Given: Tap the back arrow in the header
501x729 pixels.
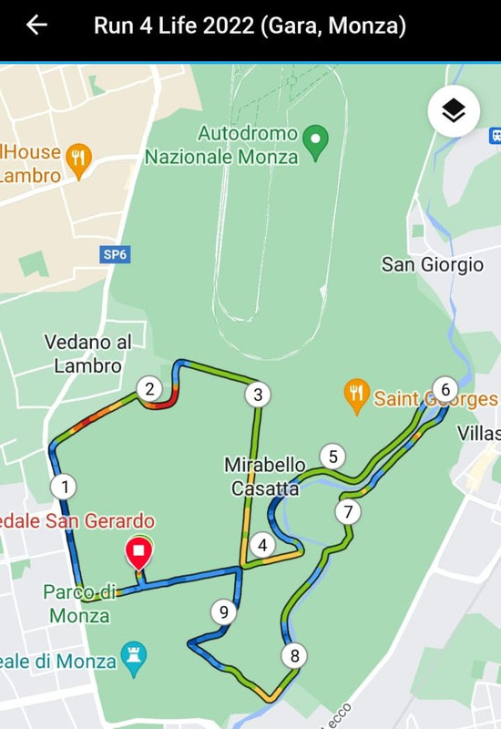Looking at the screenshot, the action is pos(36,25).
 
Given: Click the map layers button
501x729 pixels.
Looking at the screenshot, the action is pos(454,112).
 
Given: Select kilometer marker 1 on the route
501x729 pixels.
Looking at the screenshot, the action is pos(64,486).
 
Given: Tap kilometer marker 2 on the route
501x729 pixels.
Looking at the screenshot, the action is pos(149,389).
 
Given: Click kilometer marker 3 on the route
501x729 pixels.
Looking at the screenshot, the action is pos(258,395).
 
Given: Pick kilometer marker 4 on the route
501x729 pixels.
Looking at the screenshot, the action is pos(262,545).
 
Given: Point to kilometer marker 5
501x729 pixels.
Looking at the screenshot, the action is pos(333,457).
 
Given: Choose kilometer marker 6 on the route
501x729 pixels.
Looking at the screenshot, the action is pos(445,390).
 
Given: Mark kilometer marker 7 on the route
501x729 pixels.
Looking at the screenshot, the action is pos(347,511).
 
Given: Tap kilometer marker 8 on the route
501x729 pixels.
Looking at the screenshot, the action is pos(293,655).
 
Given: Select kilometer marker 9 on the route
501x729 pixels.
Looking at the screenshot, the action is pos(223,611).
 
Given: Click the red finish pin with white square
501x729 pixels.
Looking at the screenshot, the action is pos(138,553).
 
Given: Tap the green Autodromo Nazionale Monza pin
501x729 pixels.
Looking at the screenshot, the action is pos(315,142).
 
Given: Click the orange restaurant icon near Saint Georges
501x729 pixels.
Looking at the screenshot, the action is pos(356,395).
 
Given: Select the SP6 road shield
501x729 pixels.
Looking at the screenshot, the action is pos(115,254).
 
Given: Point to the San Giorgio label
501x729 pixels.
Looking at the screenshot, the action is pos(432,264).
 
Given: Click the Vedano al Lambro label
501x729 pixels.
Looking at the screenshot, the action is pos(87,354).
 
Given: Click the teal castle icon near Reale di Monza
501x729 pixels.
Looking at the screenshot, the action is pos(134,660).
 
